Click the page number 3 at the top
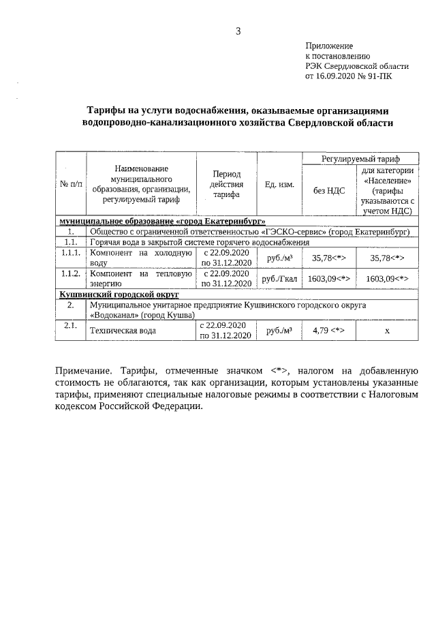click(238, 31)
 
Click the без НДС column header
click(329, 190)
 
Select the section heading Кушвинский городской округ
click(119, 294)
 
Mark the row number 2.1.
click(69, 326)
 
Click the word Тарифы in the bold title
click(108, 110)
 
